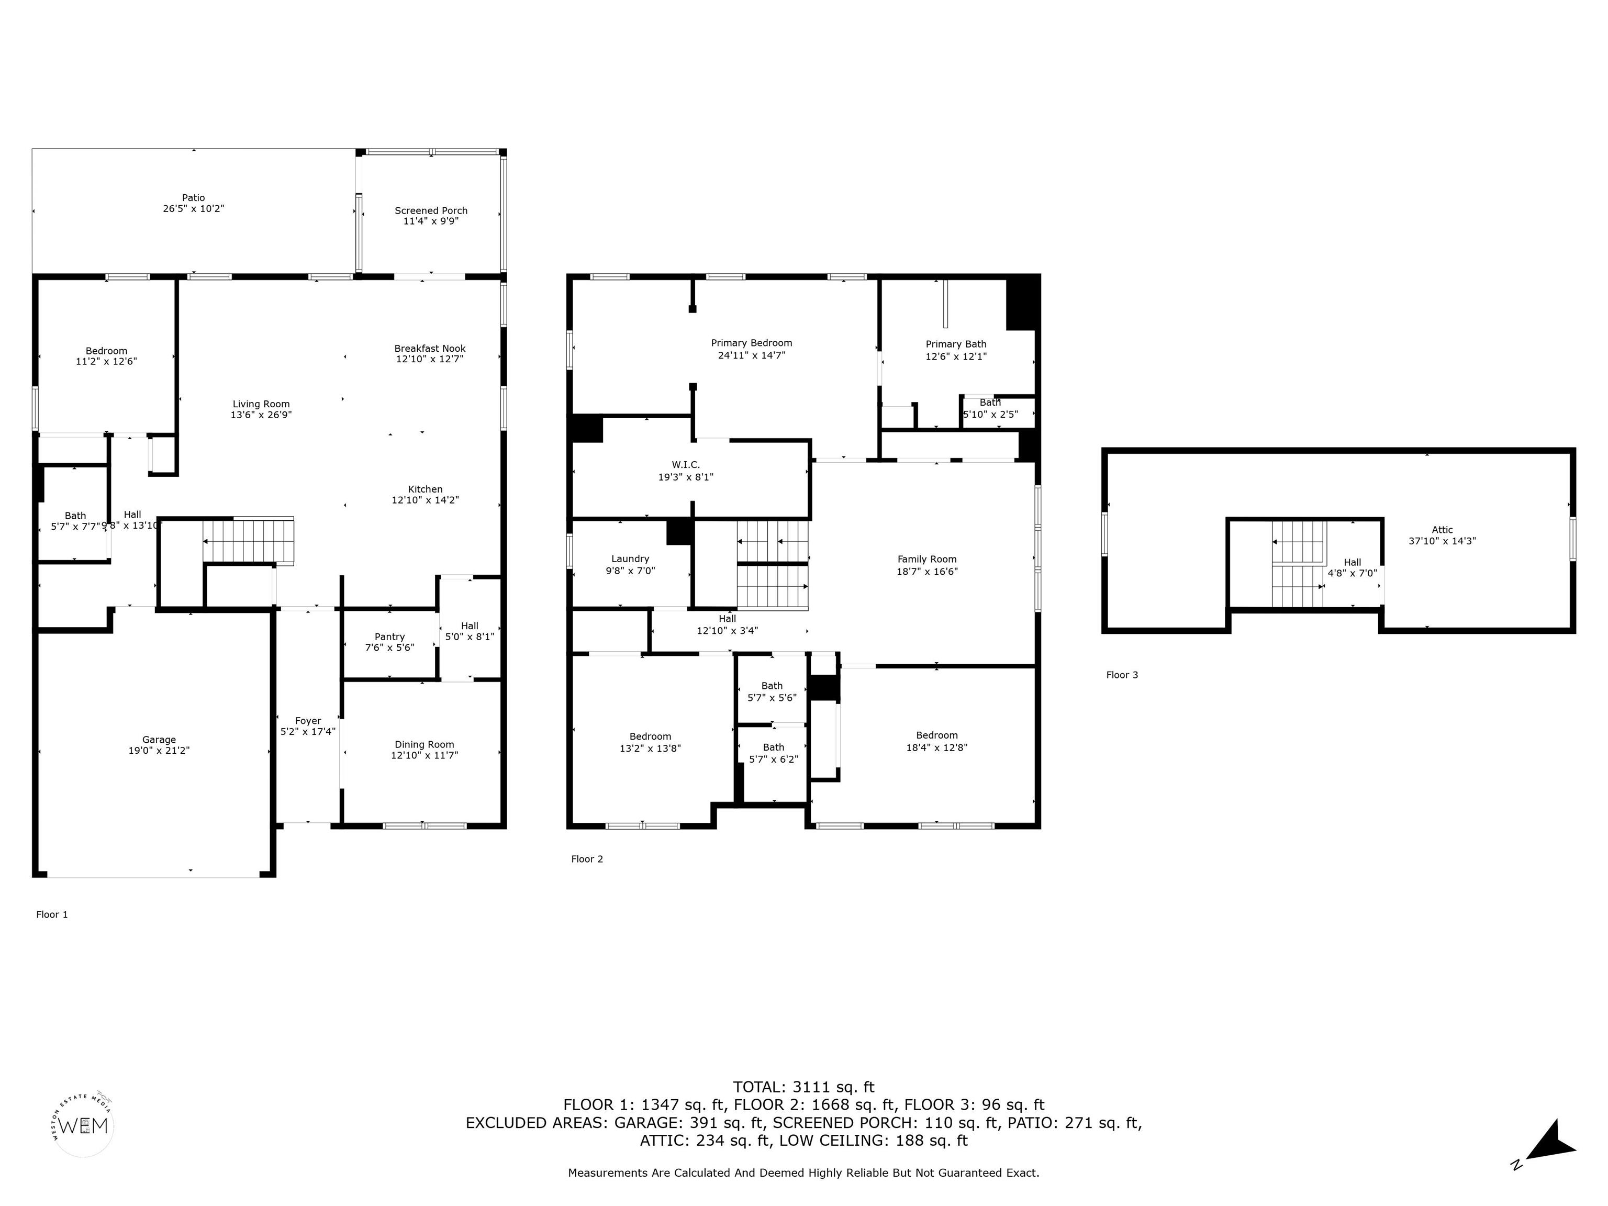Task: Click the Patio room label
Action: (193, 198)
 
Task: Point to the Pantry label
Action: (389, 637)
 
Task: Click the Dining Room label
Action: (425, 744)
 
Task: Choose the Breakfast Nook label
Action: (430, 348)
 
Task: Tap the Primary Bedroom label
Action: (752, 343)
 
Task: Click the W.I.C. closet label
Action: (686, 464)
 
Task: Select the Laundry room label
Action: (630, 559)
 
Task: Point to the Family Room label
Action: (927, 559)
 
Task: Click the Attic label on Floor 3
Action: (1442, 530)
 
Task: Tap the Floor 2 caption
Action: (587, 859)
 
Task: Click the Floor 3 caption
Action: (1122, 675)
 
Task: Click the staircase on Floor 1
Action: (248, 541)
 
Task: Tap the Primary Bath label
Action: (956, 344)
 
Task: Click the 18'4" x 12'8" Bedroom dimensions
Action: (937, 747)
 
